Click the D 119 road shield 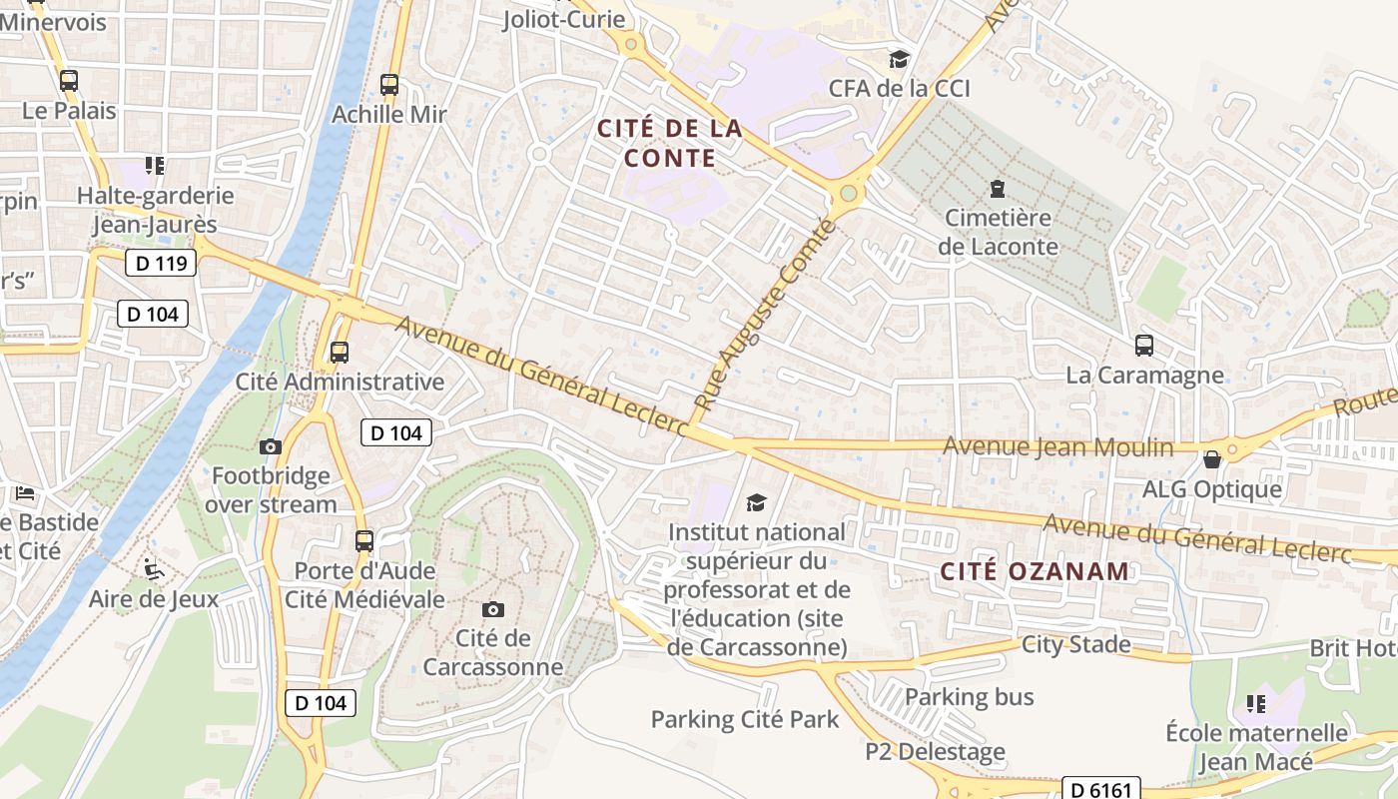[161, 264]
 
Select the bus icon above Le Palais [69, 81]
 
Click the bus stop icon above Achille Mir [389, 85]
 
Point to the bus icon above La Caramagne [1144, 346]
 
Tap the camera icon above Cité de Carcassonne [493, 609]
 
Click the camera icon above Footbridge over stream [271, 446]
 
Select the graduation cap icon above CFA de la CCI [899, 59]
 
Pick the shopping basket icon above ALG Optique [1212, 459]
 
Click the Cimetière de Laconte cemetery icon [997, 188]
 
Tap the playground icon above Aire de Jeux [154, 569]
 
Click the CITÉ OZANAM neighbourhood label [1035, 571]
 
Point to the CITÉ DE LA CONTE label [669, 143]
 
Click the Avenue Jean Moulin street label [1058, 446]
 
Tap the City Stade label [1075, 644]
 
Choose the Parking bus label [969, 696]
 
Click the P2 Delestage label [935, 751]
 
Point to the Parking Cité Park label [745, 719]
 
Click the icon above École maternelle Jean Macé [1256, 704]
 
